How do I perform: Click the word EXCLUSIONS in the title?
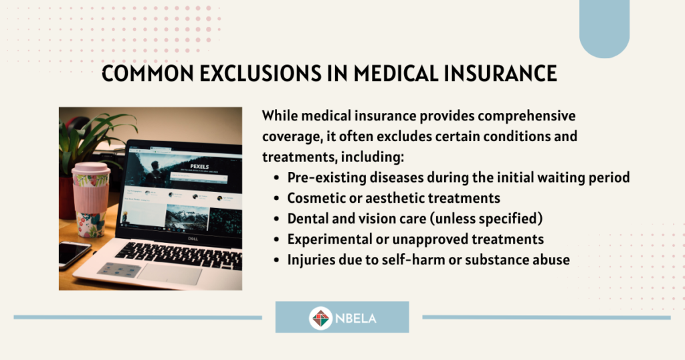pos(260,73)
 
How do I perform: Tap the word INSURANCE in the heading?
pos(500,73)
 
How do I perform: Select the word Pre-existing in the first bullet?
pos(327,178)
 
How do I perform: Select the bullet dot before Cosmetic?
pos(276,198)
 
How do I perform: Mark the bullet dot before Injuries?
pos(276,260)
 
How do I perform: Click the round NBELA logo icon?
pos(320,318)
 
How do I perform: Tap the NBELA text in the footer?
pos(356,318)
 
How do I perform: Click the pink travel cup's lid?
pos(91,169)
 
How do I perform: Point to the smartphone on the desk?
pos(74,254)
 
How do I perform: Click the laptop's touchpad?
pos(169,274)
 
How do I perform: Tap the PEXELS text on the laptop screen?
pos(199,167)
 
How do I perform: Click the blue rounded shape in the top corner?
pos(604,27)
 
